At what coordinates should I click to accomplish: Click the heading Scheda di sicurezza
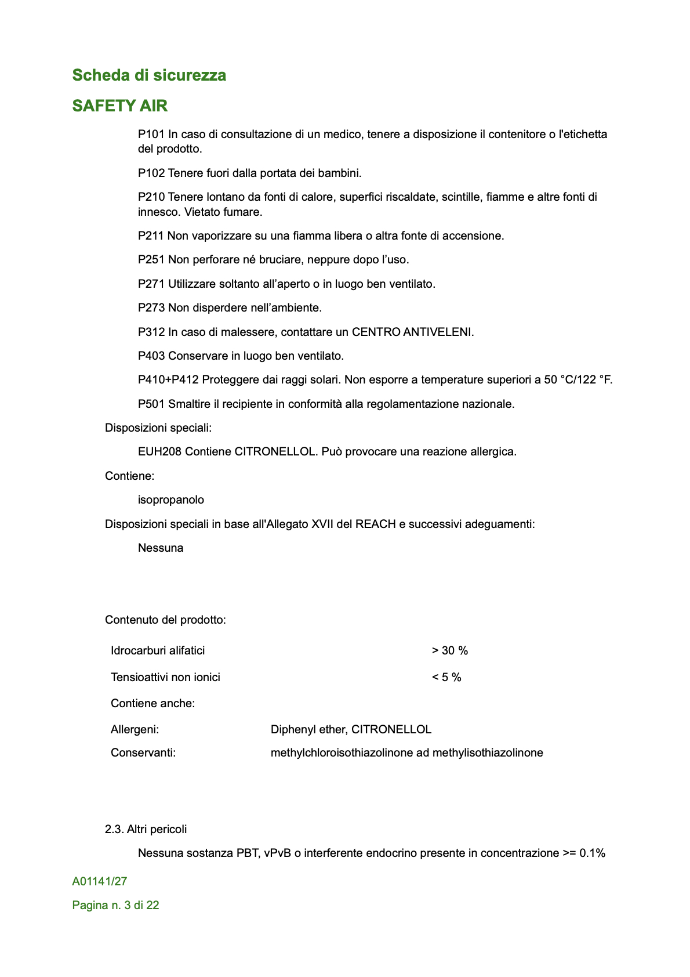149,75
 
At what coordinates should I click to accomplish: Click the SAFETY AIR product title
119,106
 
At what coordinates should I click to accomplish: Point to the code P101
151,135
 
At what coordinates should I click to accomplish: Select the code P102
151,173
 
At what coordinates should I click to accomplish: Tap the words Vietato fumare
223,212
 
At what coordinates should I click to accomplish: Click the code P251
151,260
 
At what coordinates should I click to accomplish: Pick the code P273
151,308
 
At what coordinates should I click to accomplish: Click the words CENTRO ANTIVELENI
412,332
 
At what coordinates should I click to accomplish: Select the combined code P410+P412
168,380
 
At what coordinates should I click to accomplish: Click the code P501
151,404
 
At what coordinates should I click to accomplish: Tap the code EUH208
159,452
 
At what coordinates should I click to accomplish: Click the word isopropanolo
171,500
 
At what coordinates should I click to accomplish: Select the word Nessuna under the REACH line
161,548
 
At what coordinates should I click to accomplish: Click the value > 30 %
449,651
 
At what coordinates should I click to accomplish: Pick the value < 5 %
446,678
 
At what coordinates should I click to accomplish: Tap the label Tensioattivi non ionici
165,678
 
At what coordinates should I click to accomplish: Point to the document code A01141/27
100,882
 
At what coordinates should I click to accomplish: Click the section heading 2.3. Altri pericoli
146,830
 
